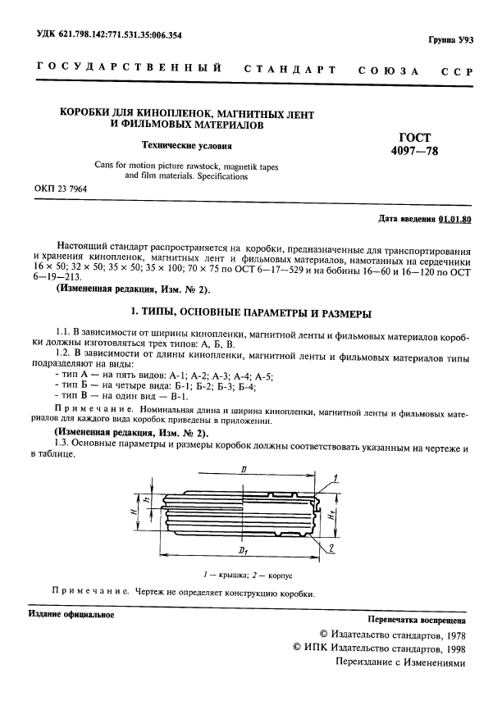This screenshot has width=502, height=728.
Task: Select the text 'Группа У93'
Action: pos(451,39)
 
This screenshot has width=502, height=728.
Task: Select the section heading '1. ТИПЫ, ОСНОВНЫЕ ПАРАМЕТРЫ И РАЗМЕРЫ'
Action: pos(252,313)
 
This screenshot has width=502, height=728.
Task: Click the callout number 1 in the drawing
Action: pos(336,475)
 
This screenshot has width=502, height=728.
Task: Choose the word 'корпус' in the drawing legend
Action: pos(276,576)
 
